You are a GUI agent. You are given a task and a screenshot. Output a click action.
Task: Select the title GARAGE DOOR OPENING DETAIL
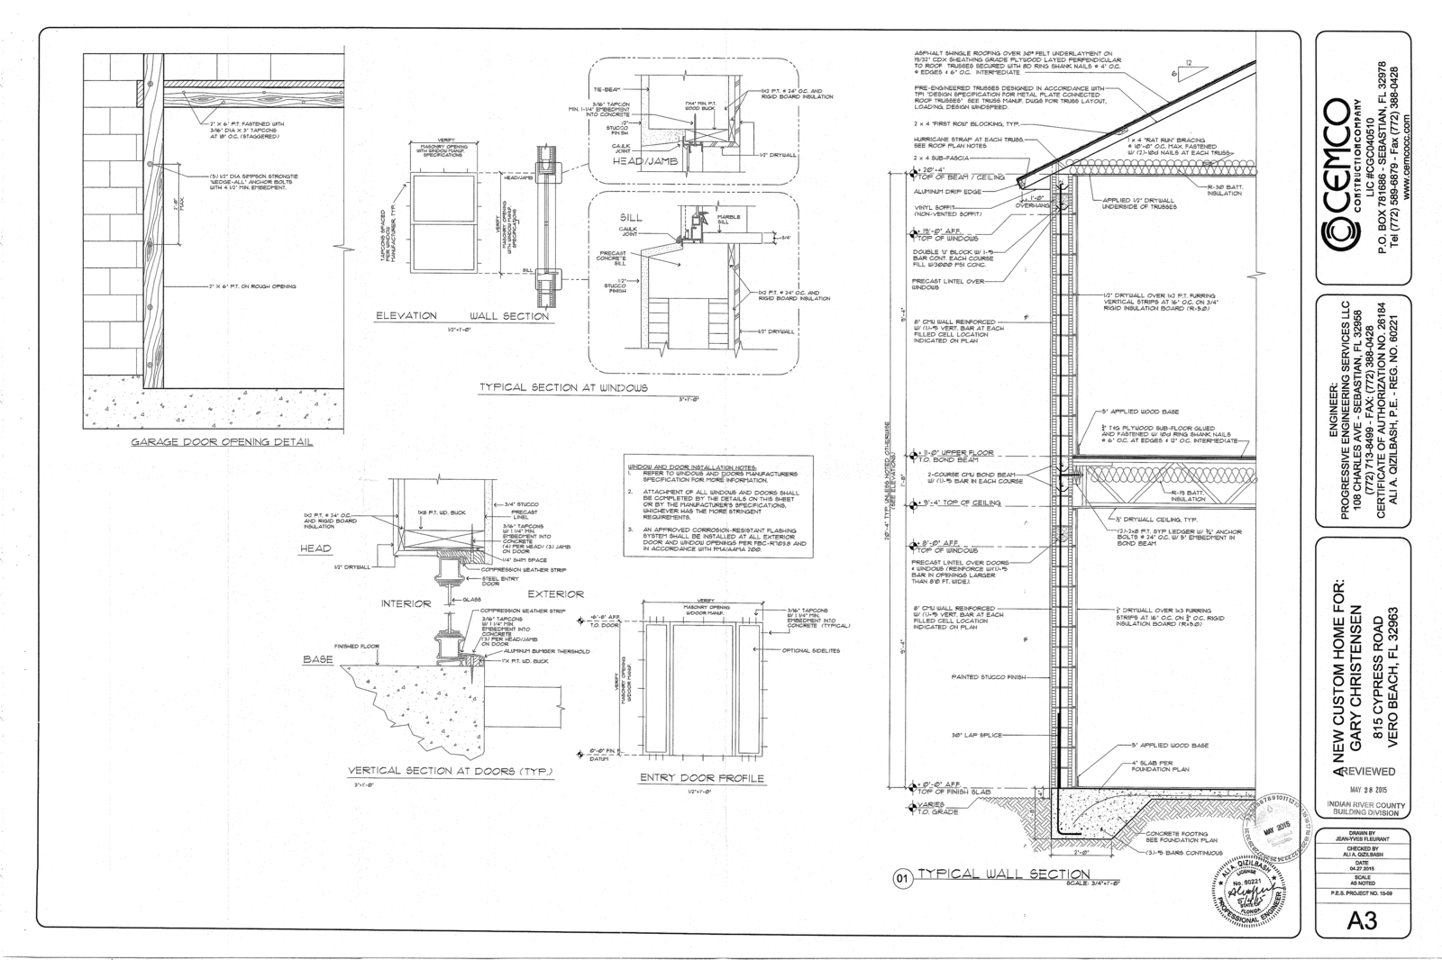click(223, 442)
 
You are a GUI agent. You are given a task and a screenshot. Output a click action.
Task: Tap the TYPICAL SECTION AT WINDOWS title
click(563, 387)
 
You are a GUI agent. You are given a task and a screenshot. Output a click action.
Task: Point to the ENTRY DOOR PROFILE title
click(701, 778)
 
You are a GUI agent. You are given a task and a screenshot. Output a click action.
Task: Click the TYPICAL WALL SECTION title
click(999, 874)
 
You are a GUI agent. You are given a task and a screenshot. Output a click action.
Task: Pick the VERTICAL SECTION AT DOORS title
click(451, 772)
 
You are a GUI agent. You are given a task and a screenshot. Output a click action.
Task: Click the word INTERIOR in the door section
click(406, 603)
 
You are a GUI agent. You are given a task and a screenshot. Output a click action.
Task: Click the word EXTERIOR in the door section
click(555, 594)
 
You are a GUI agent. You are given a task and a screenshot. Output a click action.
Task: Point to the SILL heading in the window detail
click(631, 218)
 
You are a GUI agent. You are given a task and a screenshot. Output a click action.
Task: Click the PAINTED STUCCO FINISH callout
click(990, 676)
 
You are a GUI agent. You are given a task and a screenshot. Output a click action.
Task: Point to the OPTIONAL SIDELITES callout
click(811, 650)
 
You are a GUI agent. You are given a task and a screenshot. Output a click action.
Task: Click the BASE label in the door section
click(317, 660)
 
